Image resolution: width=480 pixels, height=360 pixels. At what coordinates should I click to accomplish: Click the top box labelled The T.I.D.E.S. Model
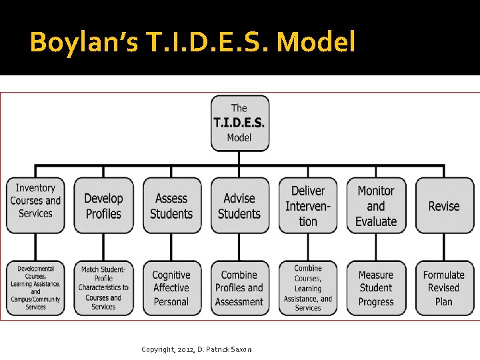click(239, 123)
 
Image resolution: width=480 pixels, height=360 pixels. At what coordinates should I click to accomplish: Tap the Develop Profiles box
click(103, 205)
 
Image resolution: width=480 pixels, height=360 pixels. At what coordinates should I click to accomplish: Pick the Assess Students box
click(171, 205)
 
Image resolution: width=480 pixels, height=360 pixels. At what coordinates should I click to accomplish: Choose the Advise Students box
click(239, 205)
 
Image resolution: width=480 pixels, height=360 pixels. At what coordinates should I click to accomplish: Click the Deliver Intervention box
click(307, 205)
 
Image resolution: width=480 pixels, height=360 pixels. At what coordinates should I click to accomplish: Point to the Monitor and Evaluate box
click(376, 205)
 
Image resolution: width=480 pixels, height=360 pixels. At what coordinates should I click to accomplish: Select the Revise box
click(444, 205)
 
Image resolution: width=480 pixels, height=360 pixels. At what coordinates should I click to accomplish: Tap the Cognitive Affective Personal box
click(171, 288)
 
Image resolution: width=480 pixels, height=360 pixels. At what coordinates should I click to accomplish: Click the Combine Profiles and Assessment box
click(239, 288)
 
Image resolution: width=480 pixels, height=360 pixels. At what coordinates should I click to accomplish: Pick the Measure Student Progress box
click(376, 288)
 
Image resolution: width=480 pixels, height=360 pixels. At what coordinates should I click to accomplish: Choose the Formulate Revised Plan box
click(444, 288)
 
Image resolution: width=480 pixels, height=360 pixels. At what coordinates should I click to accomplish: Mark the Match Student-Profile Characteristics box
click(103, 288)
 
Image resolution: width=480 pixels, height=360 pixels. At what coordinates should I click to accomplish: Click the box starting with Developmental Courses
click(35, 288)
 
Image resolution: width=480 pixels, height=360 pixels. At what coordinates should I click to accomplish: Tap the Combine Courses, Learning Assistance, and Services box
click(307, 288)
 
